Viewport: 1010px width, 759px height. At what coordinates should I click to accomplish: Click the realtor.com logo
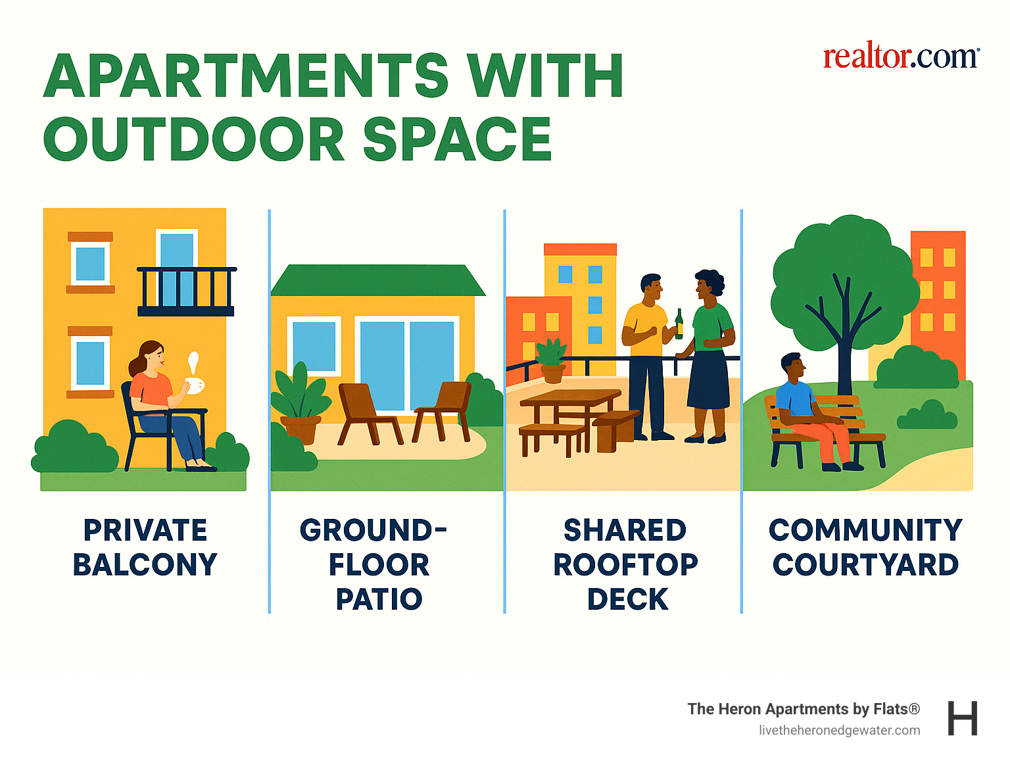pos(900,57)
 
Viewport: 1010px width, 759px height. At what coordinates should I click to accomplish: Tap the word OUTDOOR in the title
pos(194,139)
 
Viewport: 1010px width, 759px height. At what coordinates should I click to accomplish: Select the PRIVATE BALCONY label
pos(145,547)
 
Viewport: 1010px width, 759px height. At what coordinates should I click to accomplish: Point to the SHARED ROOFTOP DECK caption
pos(626,564)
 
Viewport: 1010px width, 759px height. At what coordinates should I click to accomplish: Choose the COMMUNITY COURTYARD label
pos(865,547)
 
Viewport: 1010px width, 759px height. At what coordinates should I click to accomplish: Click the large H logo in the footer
pos(962,718)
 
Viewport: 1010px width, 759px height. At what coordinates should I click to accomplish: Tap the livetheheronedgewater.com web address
pos(839,730)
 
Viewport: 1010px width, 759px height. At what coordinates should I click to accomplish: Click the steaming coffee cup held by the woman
pos(194,385)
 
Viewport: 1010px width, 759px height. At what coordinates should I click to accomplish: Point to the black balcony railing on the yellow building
pos(186,291)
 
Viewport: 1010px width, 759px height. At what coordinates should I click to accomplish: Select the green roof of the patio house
pos(377,280)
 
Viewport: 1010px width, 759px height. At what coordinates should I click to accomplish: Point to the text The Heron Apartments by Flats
pos(803,709)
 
